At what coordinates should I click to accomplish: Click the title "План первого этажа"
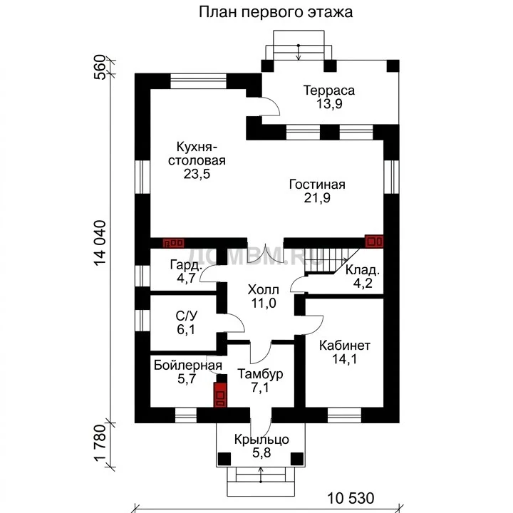(276, 12)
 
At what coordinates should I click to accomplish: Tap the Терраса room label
(328, 90)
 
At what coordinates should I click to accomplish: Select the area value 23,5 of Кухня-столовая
(197, 174)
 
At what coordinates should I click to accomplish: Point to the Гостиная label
(317, 185)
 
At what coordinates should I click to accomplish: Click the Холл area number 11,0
(264, 304)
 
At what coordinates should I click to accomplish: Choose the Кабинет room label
(345, 346)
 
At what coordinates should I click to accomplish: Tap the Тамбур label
(260, 374)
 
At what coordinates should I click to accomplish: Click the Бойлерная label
(188, 365)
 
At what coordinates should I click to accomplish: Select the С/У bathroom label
(187, 316)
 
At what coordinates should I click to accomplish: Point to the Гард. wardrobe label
(185, 264)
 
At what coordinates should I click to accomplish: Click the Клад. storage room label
(363, 270)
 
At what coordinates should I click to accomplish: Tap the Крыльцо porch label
(261, 440)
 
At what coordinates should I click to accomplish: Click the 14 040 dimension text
(100, 243)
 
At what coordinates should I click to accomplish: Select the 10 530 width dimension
(351, 498)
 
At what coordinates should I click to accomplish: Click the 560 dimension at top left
(100, 67)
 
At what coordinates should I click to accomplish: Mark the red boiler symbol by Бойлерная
(220, 395)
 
